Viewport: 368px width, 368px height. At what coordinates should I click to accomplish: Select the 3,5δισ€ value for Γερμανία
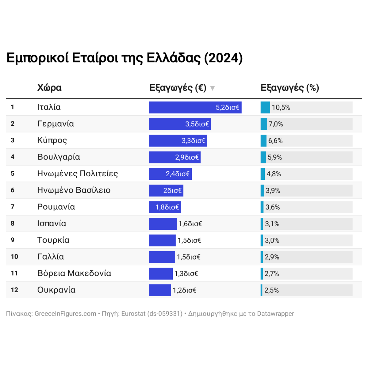click(197, 124)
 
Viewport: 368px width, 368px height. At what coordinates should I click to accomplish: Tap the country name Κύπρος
click(52, 140)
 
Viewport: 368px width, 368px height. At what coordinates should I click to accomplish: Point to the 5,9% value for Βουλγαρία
click(274, 157)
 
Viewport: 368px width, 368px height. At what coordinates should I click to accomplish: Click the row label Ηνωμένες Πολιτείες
click(78, 174)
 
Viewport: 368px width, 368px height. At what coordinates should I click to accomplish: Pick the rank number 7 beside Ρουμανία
click(13, 207)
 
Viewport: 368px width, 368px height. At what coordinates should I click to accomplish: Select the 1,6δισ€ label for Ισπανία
click(190, 224)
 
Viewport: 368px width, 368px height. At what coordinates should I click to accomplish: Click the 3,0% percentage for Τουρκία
click(272, 240)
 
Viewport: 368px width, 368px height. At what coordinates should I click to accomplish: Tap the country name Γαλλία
click(51, 257)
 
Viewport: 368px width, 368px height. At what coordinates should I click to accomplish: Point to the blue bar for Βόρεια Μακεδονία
click(161, 274)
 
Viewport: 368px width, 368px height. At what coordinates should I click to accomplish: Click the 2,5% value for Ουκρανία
click(271, 290)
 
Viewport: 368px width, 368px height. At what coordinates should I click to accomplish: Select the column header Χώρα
click(49, 88)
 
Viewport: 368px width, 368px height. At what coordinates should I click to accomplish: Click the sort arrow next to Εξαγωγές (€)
click(212, 88)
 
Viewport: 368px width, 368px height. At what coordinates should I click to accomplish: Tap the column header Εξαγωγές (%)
click(290, 88)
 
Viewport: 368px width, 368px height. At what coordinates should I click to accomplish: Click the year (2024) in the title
click(223, 58)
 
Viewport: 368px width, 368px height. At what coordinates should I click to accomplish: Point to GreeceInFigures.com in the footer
click(65, 314)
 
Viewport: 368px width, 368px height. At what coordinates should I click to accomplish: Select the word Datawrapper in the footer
click(275, 314)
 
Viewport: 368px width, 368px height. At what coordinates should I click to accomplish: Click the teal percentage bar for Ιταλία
click(265, 107)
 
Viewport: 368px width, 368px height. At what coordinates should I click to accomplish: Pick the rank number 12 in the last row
click(14, 290)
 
